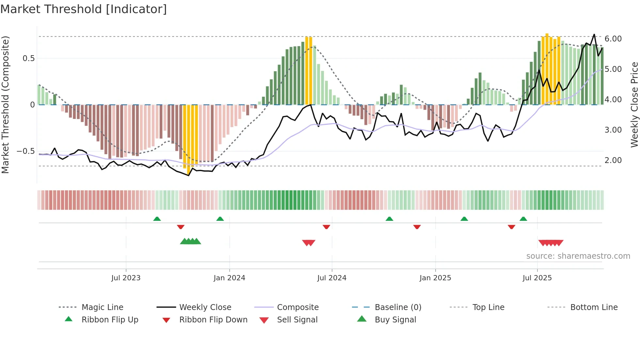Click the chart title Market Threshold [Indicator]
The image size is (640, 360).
84,9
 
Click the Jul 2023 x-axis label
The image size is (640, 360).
126,278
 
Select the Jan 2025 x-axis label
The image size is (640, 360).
435,278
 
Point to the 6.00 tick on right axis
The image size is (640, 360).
613,39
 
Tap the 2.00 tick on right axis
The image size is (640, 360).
613,160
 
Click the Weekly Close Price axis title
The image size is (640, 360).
634,105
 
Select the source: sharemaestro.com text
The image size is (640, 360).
578,256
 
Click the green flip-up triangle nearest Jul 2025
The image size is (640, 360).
523,219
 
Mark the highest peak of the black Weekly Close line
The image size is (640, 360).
594,34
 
